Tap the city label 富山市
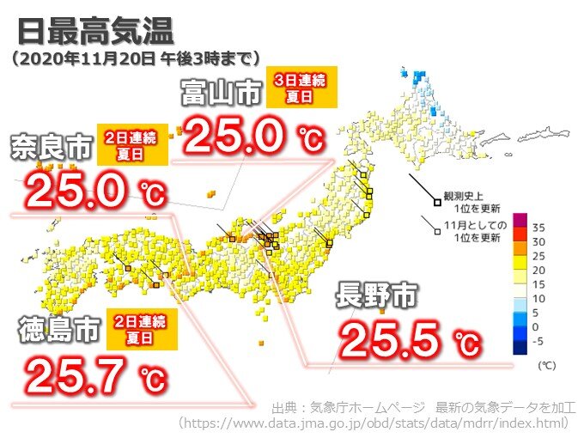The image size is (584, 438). click(x=220, y=93)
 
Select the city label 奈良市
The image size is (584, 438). click(x=51, y=147)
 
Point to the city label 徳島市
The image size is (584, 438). click(x=54, y=331)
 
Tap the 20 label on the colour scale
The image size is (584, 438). click(x=539, y=271)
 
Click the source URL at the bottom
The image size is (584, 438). click(x=373, y=423)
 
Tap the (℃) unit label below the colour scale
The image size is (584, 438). click(x=546, y=366)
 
